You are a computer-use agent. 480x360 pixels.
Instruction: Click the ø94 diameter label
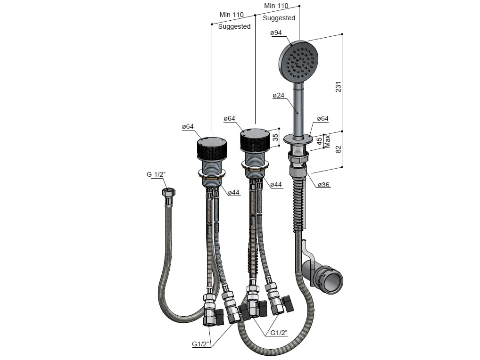click(276, 33)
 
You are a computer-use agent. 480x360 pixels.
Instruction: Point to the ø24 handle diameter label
click(279, 96)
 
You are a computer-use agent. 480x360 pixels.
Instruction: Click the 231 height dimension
click(338, 87)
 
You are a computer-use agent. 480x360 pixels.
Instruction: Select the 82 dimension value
click(338, 149)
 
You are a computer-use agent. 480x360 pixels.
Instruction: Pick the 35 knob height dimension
click(275, 137)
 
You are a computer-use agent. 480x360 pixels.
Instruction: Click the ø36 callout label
click(323, 185)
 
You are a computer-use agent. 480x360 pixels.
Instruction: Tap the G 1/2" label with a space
click(156, 174)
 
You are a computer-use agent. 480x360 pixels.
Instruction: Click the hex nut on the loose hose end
click(168, 193)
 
